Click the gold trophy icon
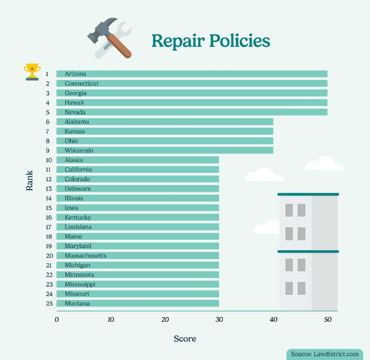32,71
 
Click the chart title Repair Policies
210,41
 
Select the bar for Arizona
192,74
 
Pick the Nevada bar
192,112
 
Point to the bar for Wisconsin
165,151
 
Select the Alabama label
77,122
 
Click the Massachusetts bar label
85,256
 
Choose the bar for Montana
137,304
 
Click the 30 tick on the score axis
219,320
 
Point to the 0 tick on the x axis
57,320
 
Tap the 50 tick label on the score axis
328,320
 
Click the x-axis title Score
185,339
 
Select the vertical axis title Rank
29,183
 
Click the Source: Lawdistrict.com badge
325,354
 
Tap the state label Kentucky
78,217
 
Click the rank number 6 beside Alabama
48,122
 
